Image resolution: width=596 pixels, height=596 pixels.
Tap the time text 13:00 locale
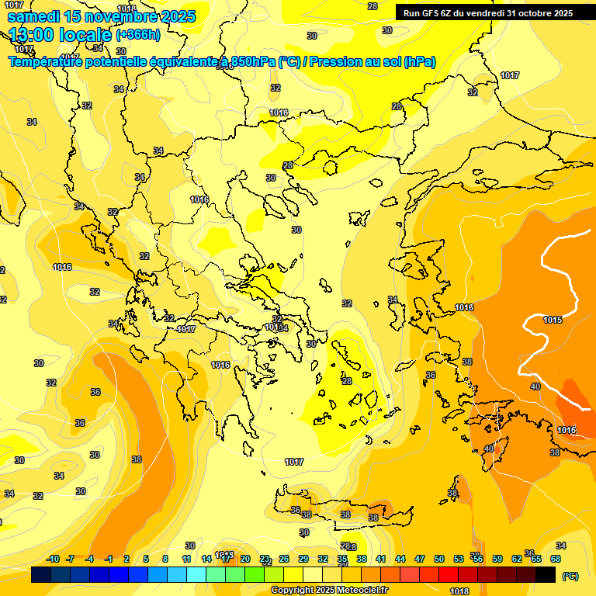(x=61, y=35)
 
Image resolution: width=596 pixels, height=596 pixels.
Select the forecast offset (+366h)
(x=138, y=35)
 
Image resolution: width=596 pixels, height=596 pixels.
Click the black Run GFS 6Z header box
(x=487, y=12)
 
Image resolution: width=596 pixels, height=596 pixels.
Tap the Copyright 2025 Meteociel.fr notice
(x=329, y=591)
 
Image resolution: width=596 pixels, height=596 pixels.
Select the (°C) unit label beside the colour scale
(x=570, y=576)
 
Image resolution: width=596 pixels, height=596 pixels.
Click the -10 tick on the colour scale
(x=54, y=559)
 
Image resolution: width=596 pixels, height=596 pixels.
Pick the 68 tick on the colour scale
(x=556, y=559)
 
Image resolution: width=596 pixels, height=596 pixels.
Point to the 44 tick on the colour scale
(x=400, y=559)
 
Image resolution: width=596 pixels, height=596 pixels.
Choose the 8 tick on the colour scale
(x=165, y=559)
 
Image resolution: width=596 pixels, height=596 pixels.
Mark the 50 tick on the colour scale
(x=439, y=559)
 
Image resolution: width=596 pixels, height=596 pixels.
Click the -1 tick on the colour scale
(x=109, y=559)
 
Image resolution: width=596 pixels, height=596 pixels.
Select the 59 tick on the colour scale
(x=497, y=559)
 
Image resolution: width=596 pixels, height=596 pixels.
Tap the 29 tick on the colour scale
(x=303, y=559)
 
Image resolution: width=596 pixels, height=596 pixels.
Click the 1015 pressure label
(x=553, y=320)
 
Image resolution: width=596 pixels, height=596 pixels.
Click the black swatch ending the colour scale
(x=546, y=575)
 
